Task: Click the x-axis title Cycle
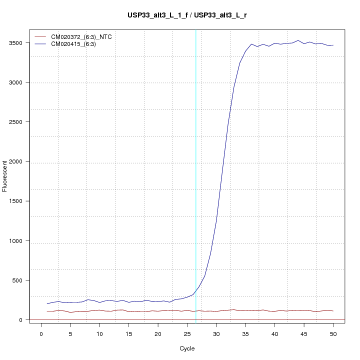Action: [187, 348]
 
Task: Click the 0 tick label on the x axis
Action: [41, 333]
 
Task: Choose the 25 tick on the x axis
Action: [187, 333]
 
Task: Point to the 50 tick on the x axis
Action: [333, 333]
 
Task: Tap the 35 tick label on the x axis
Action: [245, 333]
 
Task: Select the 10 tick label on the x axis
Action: [99, 333]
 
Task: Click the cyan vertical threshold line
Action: [195, 175]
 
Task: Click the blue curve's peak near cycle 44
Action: [298, 40]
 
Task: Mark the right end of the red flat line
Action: [333, 311]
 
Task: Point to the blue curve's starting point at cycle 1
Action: [47, 303]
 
